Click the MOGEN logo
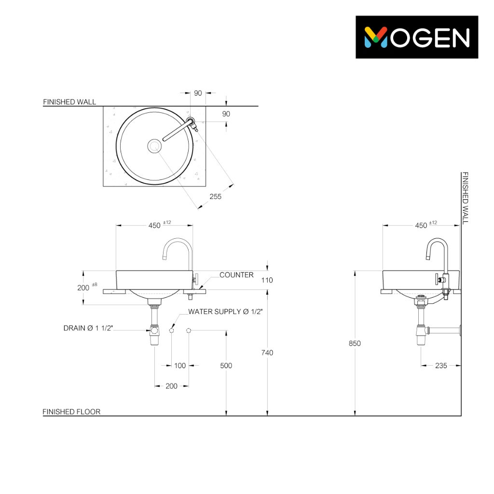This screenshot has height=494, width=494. tap(416, 37)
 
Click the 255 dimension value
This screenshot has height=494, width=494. tap(216, 197)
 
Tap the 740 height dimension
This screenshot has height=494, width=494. tap(267, 353)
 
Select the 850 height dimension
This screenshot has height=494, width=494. tap(355, 343)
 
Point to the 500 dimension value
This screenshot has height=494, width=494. tap(226, 366)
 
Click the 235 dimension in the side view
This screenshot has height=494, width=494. tap(441, 366)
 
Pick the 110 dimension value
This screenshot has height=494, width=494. tap(267, 280)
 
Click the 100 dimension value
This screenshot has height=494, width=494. tap(180, 366)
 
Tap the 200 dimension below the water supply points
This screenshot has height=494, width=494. tap(171, 386)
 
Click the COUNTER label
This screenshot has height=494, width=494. tap(236, 274)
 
